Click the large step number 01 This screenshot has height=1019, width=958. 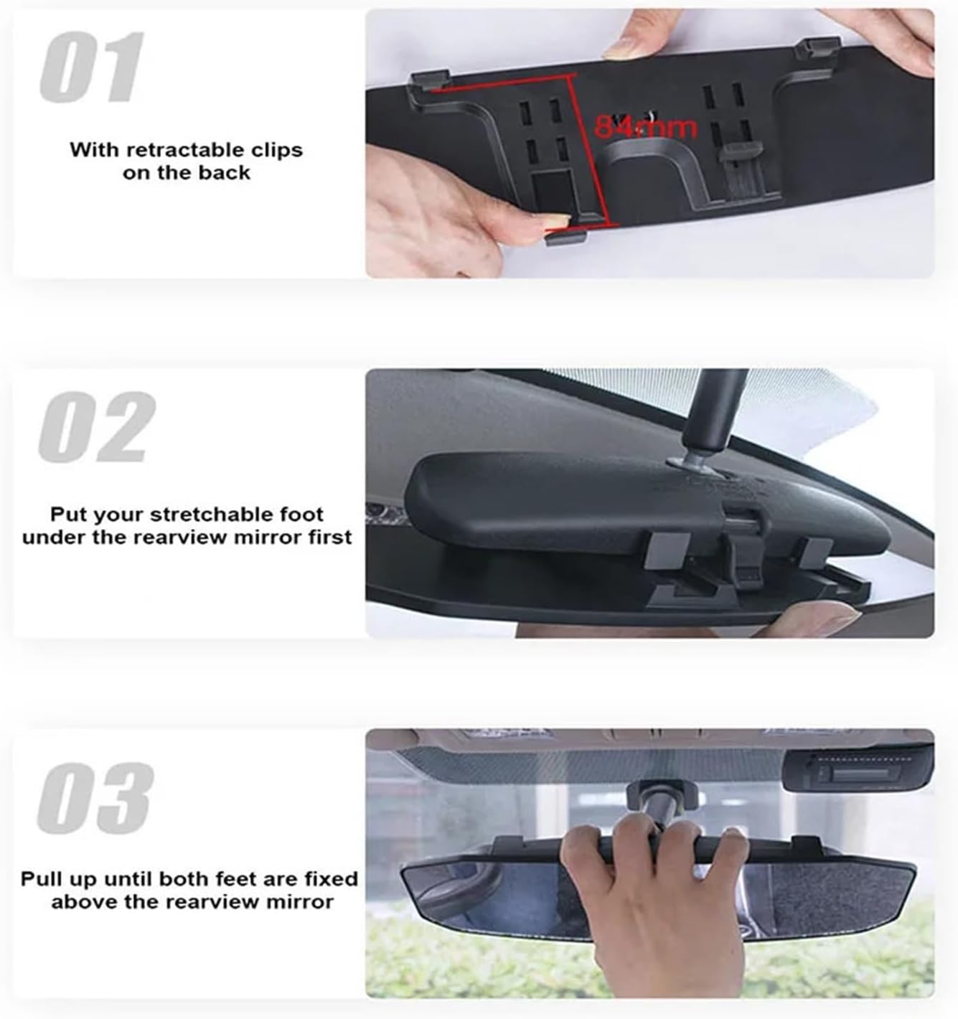(92, 68)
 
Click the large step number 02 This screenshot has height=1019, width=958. (96, 428)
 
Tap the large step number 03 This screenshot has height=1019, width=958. (95, 797)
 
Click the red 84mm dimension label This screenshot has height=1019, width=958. (645, 128)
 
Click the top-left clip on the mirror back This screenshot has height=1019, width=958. (428, 80)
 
